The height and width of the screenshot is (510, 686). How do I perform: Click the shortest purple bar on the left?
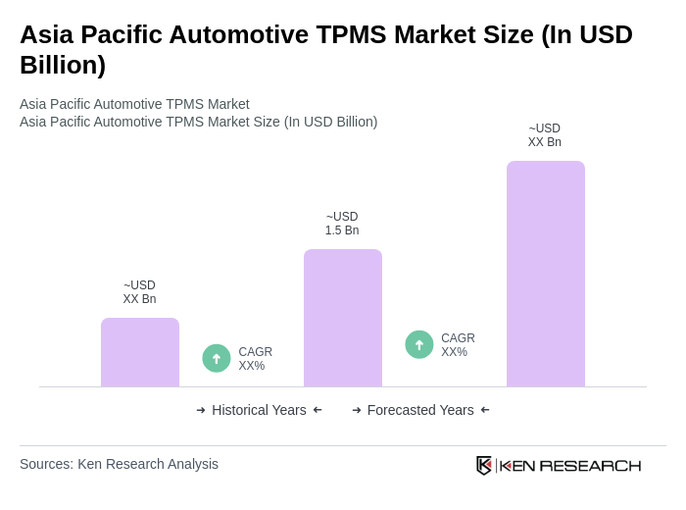pyautogui.click(x=140, y=352)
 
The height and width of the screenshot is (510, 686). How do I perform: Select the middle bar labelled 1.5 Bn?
pyautogui.click(x=343, y=318)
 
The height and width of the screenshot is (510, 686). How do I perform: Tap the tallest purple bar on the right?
pyautogui.click(x=546, y=274)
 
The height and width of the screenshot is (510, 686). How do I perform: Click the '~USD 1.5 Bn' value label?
pyautogui.click(x=342, y=224)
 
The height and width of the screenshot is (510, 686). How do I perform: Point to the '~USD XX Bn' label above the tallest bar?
pyautogui.click(x=545, y=135)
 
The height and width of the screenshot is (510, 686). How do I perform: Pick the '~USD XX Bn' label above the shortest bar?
pyautogui.click(x=139, y=292)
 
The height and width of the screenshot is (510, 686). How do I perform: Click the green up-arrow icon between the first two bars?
pyautogui.click(x=217, y=358)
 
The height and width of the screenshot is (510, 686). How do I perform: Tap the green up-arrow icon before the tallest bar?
pyautogui.click(x=419, y=344)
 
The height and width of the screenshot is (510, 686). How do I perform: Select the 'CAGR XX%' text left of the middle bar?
pyautogui.click(x=255, y=359)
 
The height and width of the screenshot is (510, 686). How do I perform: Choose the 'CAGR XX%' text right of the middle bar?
pyautogui.click(x=458, y=345)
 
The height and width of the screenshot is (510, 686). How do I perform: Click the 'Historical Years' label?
pyautogui.click(x=259, y=410)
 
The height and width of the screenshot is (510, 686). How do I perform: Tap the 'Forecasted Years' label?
pyautogui.click(x=420, y=410)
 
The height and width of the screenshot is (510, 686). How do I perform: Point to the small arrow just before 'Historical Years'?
pyautogui.click(x=201, y=410)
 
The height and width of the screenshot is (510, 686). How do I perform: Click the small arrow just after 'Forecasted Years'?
pyautogui.click(x=485, y=410)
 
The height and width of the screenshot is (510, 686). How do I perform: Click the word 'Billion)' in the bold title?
pyautogui.click(x=63, y=65)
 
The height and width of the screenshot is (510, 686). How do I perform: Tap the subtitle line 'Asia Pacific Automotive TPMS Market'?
pyautogui.click(x=134, y=104)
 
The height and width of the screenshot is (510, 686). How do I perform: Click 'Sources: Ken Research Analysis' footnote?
pyautogui.click(x=119, y=464)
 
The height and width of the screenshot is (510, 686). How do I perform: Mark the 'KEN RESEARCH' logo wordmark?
pyautogui.click(x=570, y=465)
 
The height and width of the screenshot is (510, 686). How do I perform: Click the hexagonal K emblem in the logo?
pyautogui.click(x=483, y=465)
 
